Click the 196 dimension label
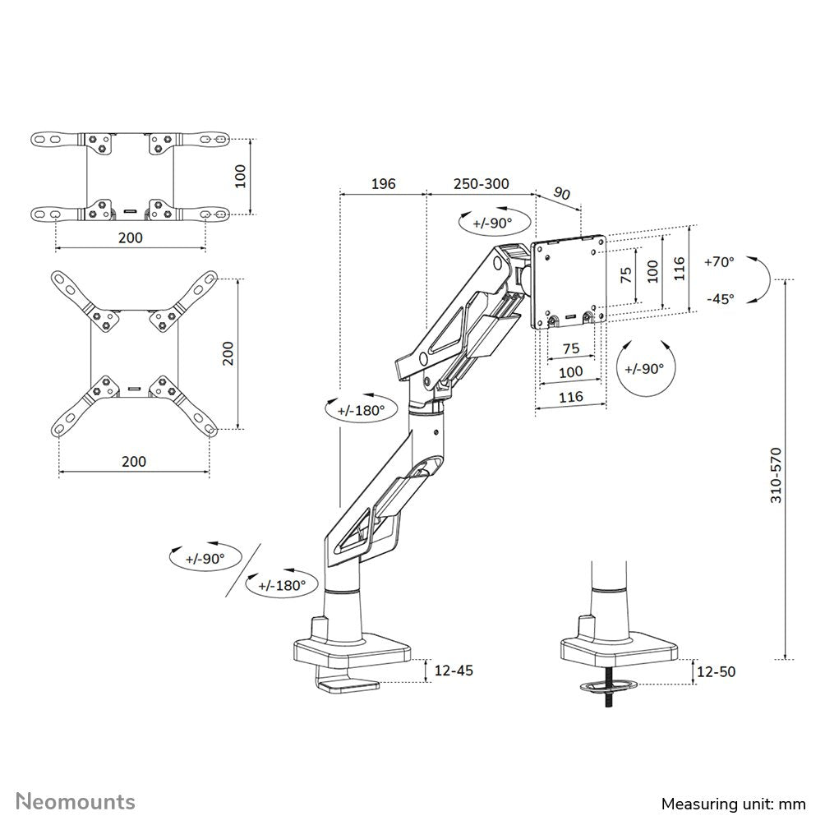[383, 183]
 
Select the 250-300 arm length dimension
[480, 183]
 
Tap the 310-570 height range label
[776, 475]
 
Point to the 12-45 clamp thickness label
[453, 671]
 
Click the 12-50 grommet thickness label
[715, 671]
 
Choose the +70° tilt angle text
[720, 262]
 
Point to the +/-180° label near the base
[282, 585]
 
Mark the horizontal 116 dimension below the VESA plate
[570, 396]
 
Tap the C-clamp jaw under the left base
[348, 684]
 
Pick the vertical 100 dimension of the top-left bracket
[240, 176]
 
